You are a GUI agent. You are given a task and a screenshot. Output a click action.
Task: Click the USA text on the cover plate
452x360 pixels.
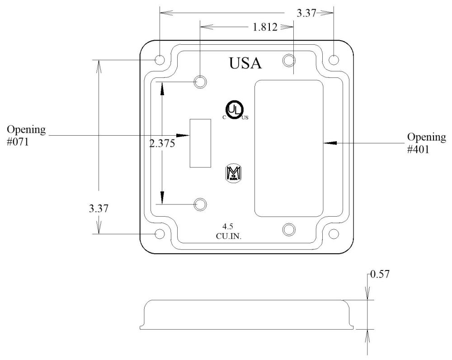[x=245, y=63]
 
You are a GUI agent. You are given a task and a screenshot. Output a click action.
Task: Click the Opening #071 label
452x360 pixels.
[x=26, y=135]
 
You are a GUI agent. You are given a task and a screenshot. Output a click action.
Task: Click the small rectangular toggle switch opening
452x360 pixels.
[x=200, y=143]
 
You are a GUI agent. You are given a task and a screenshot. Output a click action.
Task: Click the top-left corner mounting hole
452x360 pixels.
[x=160, y=60]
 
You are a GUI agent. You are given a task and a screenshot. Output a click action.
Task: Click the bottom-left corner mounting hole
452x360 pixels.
[x=160, y=234]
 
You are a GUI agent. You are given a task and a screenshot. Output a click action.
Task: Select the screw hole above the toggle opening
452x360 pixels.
[x=200, y=82]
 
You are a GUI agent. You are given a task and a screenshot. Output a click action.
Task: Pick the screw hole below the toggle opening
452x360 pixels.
[x=200, y=204]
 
